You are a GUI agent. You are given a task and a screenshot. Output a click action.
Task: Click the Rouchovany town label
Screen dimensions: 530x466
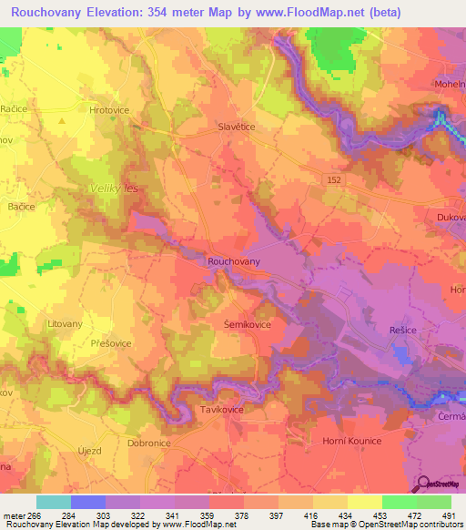click(234, 261)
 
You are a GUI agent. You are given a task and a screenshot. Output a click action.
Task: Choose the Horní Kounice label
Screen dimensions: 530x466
click(352, 441)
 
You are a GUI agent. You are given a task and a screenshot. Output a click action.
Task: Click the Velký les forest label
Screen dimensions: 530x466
click(113, 189)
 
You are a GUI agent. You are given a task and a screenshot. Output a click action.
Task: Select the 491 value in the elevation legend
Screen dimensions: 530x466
click(450, 515)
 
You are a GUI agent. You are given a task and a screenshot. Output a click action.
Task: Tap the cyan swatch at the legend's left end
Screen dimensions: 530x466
click(54, 502)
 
